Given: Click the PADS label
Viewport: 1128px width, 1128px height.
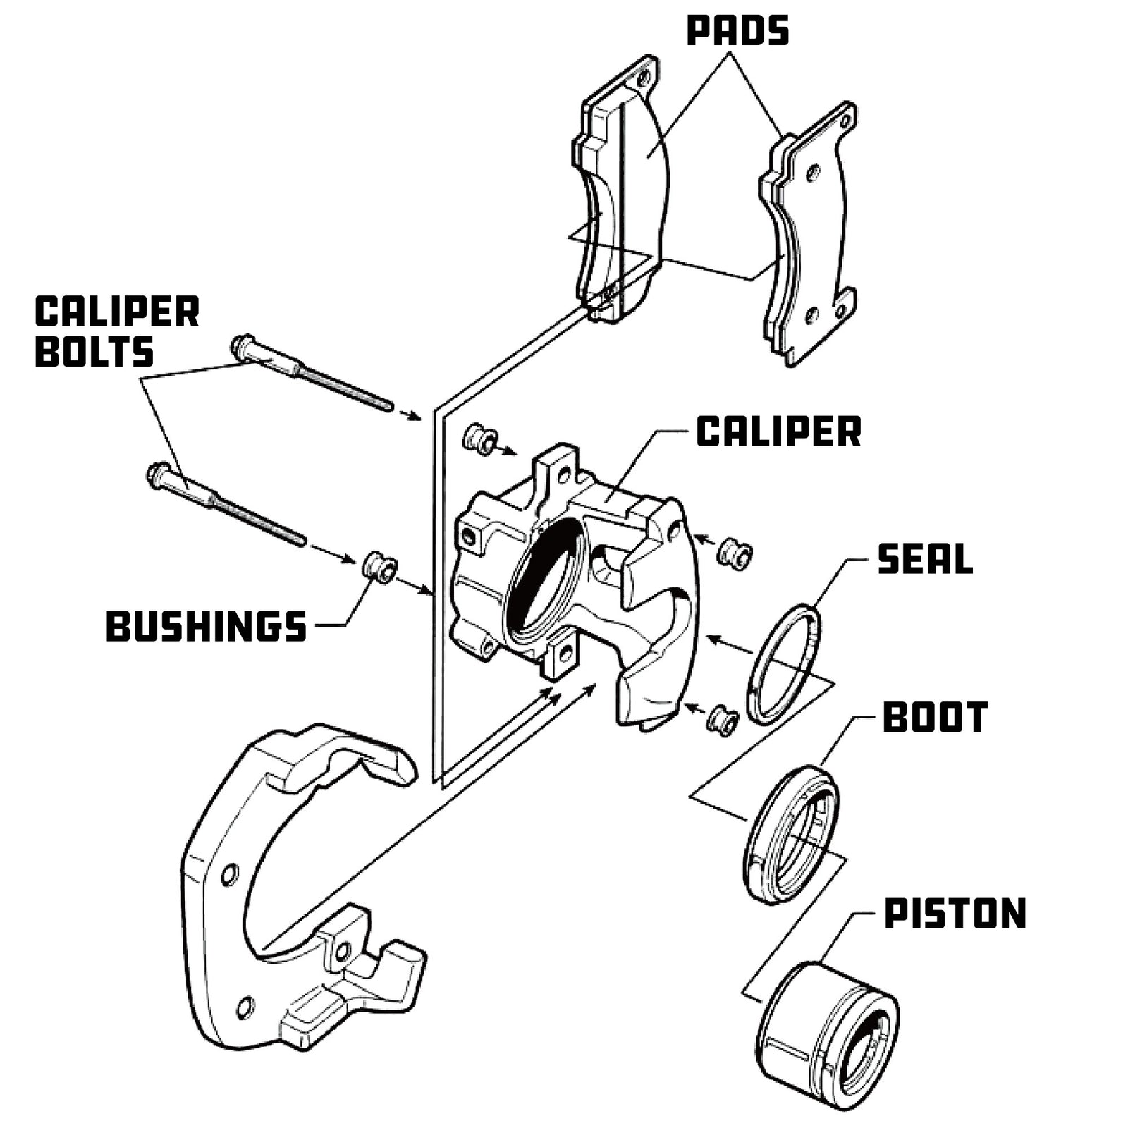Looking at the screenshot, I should (x=737, y=32).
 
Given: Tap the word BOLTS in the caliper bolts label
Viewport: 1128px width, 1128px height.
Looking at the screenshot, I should (x=94, y=352).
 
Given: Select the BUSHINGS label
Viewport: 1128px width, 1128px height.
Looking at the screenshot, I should (x=206, y=626).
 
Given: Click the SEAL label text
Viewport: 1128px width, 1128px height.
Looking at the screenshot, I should (x=925, y=559).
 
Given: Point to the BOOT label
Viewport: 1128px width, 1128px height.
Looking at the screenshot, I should (x=935, y=718).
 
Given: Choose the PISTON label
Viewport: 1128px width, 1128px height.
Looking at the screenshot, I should (x=955, y=914).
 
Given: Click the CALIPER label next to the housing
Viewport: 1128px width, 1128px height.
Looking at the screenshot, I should (x=778, y=431).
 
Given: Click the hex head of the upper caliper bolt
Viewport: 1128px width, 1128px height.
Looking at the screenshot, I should (x=241, y=347).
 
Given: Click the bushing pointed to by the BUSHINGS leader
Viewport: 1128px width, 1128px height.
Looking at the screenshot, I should (x=380, y=568).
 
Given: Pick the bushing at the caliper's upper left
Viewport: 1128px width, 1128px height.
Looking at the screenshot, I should (x=479, y=439).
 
